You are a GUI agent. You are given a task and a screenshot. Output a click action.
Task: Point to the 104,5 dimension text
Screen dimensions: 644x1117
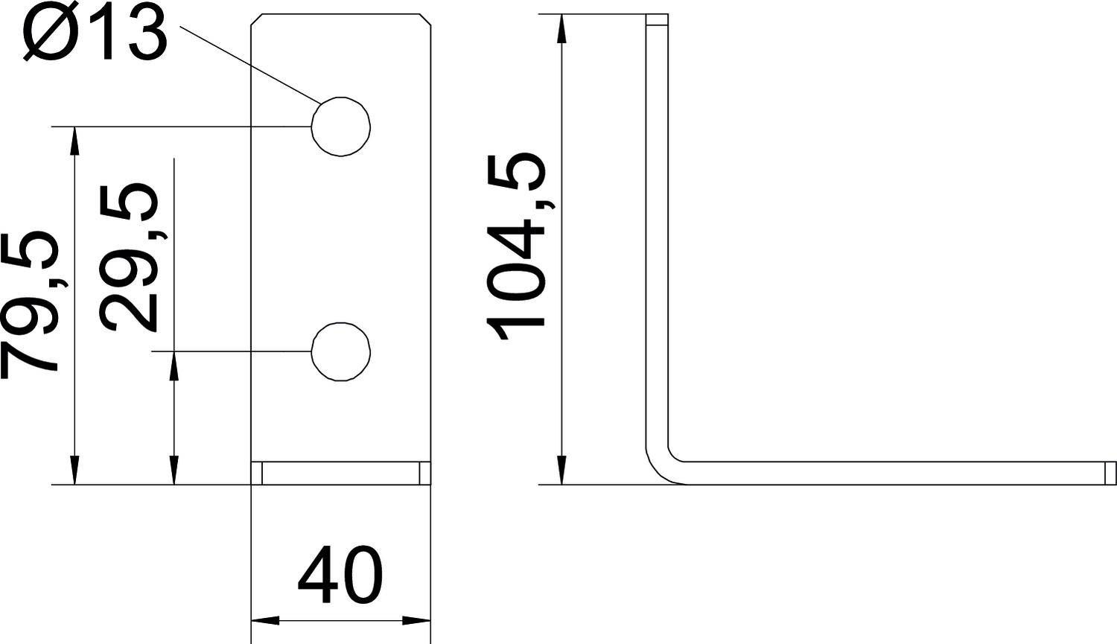(x=516, y=246)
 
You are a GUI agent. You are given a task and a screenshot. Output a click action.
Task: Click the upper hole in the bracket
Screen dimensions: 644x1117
(x=341, y=127)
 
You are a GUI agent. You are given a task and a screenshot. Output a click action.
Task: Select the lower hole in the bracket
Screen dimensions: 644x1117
(x=341, y=351)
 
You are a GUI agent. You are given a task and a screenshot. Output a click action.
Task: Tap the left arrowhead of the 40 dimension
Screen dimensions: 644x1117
(x=264, y=619)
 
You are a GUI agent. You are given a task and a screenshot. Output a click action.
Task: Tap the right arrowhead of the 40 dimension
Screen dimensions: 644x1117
(x=417, y=619)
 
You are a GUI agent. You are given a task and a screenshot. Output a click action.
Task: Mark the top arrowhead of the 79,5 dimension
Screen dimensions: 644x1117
(x=74, y=141)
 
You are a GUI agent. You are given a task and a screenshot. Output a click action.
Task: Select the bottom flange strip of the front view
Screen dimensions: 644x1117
(x=340, y=474)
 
